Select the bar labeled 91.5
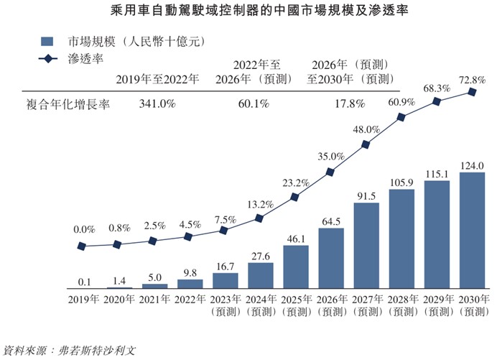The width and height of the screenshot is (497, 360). click(x=366, y=245)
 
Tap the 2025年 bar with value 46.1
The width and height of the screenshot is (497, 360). click(x=296, y=267)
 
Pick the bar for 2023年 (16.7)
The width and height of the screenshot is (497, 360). click(x=226, y=280)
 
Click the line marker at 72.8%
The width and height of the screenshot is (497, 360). click(x=472, y=92)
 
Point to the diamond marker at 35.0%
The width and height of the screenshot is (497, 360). click(x=331, y=172)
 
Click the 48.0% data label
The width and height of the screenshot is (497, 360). click(x=366, y=129)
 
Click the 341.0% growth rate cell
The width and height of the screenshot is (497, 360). click(x=157, y=104)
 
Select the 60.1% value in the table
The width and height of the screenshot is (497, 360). click(x=254, y=104)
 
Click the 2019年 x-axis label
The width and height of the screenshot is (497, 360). click(x=85, y=298)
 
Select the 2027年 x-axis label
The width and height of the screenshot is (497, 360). click(x=366, y=298)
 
